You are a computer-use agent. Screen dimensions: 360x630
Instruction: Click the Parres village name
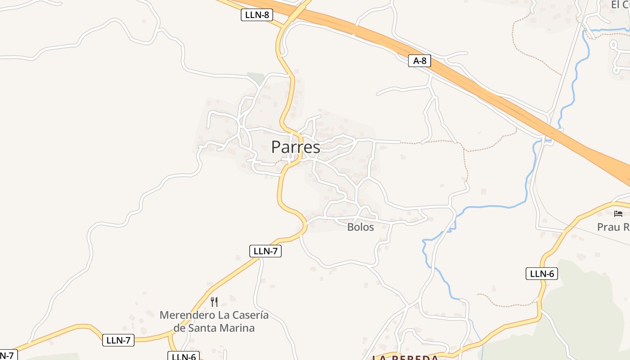click(x=296, y=147)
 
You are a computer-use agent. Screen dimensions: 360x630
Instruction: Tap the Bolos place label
click(x=360, y=227)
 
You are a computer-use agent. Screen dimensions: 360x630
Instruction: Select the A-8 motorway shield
click(x=419, y=61)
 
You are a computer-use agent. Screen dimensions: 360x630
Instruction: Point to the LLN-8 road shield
click(x=257, y=15)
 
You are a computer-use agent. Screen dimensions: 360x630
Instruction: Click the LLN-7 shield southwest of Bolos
click(x=265, y=251)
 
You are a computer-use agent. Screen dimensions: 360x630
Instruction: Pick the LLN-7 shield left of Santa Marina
click(x=118, y=340)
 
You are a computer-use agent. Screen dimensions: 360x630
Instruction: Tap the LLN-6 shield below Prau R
click(x=542, y=274)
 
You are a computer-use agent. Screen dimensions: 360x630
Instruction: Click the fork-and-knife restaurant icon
click(x=214, y=301)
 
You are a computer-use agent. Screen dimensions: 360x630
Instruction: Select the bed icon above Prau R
click(x=618, y=213)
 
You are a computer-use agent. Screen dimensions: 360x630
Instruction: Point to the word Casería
click(x=249, y=315)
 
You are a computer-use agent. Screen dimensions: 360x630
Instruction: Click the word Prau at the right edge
click(x=608, y=227)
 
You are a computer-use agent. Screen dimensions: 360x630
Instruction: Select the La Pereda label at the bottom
click(x=405, y=358)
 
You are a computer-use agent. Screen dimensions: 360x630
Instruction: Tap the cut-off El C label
click(x=620, y=4)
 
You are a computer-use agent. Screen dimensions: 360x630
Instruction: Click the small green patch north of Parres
click(x=255, y=77)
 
